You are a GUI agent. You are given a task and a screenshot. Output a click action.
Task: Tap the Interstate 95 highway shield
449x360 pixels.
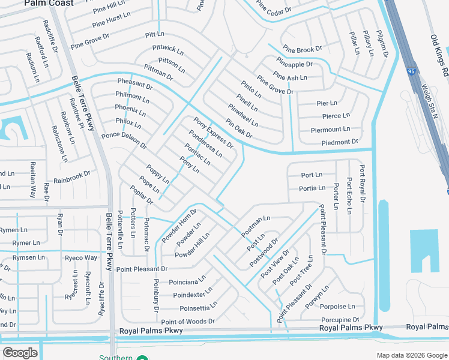(x=412, y=70)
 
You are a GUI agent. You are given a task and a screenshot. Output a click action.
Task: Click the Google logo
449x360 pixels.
(x=20, y=353)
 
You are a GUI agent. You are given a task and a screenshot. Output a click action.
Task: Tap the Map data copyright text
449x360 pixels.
(x=412, y=355)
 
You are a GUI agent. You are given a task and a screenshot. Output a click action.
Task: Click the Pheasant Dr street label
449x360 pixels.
(x=135, y=85)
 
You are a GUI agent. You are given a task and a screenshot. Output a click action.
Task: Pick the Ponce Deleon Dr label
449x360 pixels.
(x=124, y=140)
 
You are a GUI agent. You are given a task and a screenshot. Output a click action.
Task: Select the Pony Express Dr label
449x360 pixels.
(x=213, y=133)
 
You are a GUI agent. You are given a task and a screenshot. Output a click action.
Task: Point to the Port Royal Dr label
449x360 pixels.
(x=361, y=183)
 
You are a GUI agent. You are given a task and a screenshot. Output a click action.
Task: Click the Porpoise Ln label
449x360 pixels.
(x=342, y=307)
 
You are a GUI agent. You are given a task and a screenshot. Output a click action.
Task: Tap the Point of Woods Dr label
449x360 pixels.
(x=188, y=322)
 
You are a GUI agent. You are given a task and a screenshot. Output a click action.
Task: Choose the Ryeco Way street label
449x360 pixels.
(x=81, y=258)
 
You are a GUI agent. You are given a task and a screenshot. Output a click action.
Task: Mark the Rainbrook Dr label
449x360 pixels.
(x=71, y=177)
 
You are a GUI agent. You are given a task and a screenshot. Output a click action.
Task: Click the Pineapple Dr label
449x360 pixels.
(x=295, y=64)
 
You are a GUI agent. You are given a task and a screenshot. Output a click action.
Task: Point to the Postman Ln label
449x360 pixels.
(x=256, y=226)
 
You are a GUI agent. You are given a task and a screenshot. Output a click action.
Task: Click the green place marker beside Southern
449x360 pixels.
(x=142, y=358)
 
